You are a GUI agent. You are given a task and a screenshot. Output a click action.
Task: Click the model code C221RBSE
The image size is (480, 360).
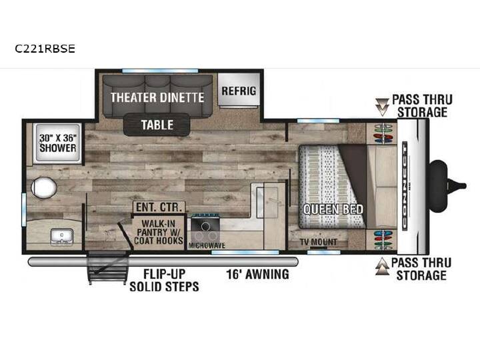45,49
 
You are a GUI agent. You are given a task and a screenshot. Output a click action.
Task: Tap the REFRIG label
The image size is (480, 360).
239,91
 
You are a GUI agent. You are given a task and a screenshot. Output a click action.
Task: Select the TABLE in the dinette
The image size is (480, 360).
157,125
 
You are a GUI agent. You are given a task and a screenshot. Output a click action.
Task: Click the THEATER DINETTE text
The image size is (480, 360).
157,97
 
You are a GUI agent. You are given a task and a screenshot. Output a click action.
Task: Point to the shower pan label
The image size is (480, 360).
58,143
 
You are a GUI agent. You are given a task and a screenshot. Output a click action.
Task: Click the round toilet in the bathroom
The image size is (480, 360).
44,187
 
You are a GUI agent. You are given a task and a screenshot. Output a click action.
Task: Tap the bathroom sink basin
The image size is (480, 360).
62,237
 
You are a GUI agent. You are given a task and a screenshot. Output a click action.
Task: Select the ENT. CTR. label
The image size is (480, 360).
159,207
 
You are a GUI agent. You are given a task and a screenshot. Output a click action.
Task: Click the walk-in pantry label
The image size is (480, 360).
159,232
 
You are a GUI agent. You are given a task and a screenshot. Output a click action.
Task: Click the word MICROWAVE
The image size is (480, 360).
207,245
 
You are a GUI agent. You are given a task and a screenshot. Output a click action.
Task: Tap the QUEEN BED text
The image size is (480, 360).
333,209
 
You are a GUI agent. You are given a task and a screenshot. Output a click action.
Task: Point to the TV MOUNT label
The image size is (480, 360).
319,242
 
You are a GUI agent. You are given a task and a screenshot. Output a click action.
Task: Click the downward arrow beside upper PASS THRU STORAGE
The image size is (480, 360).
382,107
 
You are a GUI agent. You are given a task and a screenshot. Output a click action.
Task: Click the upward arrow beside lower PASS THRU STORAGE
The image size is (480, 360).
383,266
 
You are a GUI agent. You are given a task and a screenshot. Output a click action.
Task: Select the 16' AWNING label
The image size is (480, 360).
257,274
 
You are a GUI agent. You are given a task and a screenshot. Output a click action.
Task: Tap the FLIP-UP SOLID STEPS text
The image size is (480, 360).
165,280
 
